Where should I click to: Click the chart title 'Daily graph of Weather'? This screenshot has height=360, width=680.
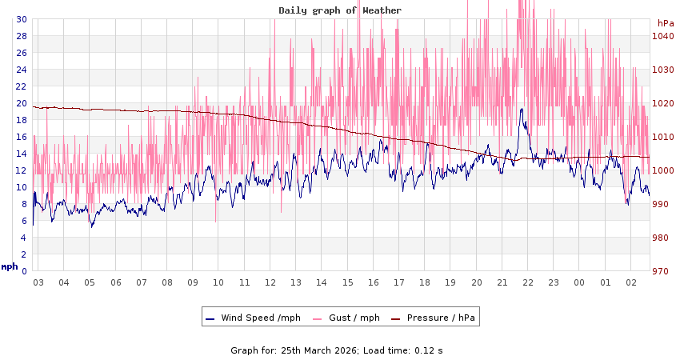point(340,10)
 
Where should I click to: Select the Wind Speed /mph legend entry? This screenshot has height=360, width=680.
point(253,318)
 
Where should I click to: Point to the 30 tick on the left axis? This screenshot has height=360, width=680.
point(21,19)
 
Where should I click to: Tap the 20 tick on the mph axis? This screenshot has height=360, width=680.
point(21,103)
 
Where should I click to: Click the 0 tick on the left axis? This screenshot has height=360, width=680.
point(23,271)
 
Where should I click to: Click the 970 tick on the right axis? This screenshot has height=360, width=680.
point(660,271)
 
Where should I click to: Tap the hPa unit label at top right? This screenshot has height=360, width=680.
point(666,23)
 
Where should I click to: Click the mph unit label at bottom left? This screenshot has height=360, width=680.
point(10,266)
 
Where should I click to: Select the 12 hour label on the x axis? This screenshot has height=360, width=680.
point(270,282)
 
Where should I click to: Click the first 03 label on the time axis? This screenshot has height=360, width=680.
point(38,282)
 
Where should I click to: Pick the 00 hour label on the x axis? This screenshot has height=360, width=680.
point(580,282)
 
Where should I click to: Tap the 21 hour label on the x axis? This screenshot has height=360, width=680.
point(502,282)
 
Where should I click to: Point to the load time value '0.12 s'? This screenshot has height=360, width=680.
point(428,350)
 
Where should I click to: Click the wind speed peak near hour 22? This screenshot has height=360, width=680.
point(522,110)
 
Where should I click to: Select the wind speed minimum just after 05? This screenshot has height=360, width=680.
point(91,226)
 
